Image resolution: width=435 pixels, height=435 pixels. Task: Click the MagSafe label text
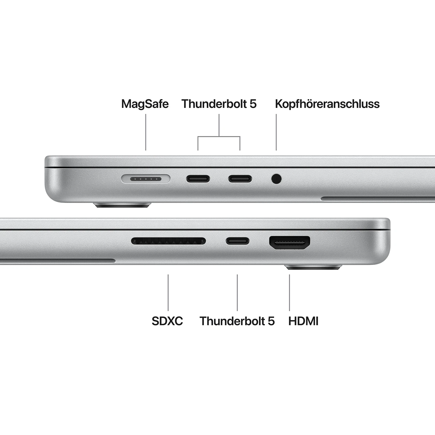(x=145, y=104)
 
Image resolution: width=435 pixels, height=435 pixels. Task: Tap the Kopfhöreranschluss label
(x=327, y=104)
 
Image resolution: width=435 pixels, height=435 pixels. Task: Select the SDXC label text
(x=167, y=321)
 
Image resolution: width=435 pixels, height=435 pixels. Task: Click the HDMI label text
(x=303, y=321)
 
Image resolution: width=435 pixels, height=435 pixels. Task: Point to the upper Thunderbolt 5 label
(x=219, y=104)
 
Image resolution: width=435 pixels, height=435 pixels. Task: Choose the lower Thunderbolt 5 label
(x=237, y=321)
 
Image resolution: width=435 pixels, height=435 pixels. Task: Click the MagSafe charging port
(x=146, y=179)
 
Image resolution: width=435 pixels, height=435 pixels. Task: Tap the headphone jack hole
(x=276, y=179)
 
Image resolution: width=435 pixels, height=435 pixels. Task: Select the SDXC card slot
(x=168, y=241)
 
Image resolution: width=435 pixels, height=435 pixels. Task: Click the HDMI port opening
(x=290, y=243)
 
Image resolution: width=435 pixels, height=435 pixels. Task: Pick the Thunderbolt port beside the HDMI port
(x=238, y=241)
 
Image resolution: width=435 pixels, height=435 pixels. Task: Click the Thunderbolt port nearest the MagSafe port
(x=198, y=179)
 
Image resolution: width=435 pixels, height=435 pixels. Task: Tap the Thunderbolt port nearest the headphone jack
(x=240, y=179)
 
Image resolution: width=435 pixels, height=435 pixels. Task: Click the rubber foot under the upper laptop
(x=122, y=205)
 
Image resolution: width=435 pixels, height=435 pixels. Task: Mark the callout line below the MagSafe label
(x=146, y=132)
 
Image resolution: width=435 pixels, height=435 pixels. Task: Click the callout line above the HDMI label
(x=289, y=292)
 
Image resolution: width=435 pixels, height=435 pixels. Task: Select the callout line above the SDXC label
(x=168, y=292)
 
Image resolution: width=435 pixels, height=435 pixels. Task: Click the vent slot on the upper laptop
(x=377, y=199)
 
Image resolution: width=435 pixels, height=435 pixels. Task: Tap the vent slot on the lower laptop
(x=58, y=261)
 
